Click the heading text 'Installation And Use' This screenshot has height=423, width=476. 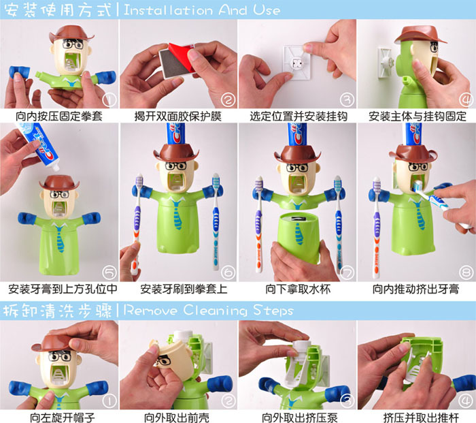(201, 10)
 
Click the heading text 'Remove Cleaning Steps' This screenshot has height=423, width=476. (208, 310)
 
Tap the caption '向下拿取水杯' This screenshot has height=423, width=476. (298, 289)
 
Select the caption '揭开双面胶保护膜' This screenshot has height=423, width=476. (178, 116)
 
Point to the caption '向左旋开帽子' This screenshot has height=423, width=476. (63, 418)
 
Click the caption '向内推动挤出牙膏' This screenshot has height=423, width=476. (416, 289)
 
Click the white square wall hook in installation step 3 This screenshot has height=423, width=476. (296, 63)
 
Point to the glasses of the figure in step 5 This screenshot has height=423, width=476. (60, 194)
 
